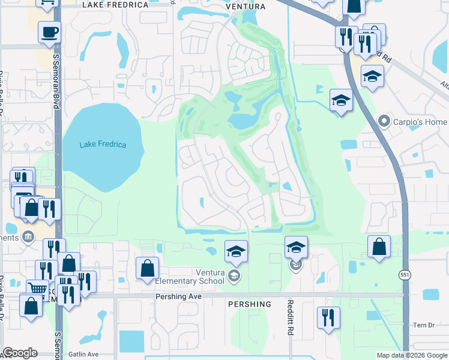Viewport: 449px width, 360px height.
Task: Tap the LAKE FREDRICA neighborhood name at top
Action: pyautogui.click(x=115, y=5)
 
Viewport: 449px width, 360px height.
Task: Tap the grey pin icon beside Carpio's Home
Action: pyautogui.click(x=385, y=122)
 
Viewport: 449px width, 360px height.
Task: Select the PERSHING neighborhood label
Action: pyautogui.click(x=250, y=304)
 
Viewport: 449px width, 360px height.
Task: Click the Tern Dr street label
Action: pyautogui.click(x=423, y=325)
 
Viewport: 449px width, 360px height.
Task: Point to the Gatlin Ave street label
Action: pyautogui.click(x=83, y=355)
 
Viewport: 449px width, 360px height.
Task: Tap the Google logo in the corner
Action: pyautogui.click(x=20, y=352)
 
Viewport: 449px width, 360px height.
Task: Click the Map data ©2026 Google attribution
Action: pyautogui.click(x=411, y=355)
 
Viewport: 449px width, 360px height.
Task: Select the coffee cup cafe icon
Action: pyautogui.click(x=49, y=32)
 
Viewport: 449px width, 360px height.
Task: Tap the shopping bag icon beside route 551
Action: pyautogui.click(x=379, y=246)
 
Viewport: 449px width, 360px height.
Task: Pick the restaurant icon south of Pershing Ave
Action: pyautogui.click(x=328, y=317)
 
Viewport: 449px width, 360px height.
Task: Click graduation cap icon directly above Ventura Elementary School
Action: pyautogui.click(x=236, y=250)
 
